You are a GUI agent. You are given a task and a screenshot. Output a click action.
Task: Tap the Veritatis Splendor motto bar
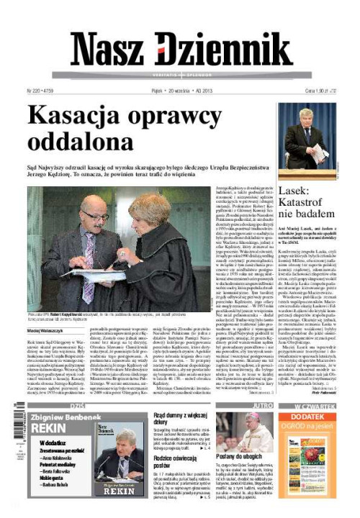coord(180,75)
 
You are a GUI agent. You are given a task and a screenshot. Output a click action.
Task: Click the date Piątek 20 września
coord(173,91)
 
